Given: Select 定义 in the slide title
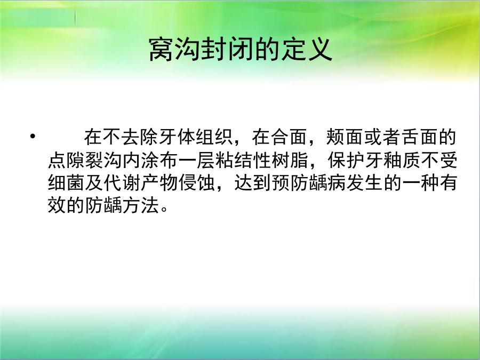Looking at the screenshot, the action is (x=307, y=50).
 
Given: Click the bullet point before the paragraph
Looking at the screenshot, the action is (x=33, y=136).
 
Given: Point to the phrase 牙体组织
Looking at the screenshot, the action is (x=196, y=137).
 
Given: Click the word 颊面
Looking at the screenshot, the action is (x=345, y=137).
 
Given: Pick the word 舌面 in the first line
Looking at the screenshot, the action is (x=419, y=137).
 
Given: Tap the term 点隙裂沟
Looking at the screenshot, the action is (x=85, y=160).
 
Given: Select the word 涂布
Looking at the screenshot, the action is (x=159, y=160).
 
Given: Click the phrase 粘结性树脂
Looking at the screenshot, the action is (x=262, y=160).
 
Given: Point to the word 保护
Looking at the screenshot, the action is (x=346, y=160).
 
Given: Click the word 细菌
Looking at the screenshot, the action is (x=67, y=183).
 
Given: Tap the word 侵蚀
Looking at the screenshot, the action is (x=196, y=183).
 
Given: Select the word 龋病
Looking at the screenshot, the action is (x=327, y=183).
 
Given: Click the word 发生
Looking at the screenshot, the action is (x=365, y=183).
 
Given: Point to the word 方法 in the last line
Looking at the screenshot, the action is (x=141, y=205).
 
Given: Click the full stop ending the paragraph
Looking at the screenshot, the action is (x=164, y=210).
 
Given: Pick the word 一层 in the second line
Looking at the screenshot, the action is (x=196, y=160).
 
